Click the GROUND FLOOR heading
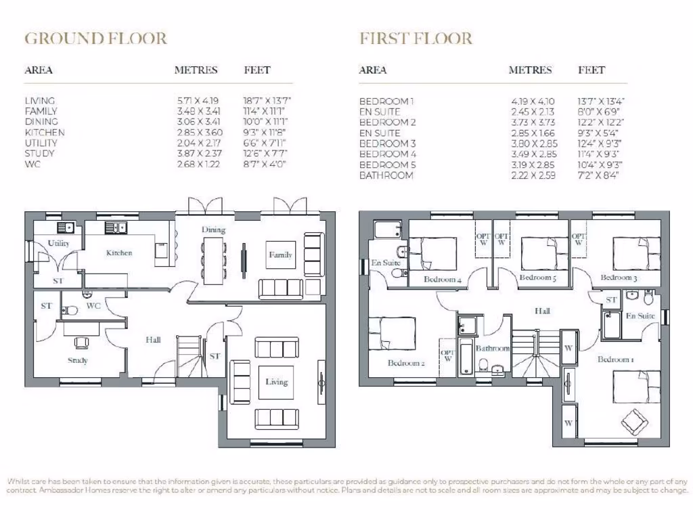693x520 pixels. (95, 39)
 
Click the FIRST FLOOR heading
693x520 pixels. (416, 39)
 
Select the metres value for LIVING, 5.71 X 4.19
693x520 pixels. (198, 100)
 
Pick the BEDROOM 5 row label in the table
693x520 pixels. (388, 165)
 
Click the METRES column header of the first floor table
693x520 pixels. (530, 70)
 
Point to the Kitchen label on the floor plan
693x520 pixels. (119, 253)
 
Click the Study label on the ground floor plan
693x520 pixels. (77, 360)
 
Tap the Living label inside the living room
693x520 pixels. (276, 382)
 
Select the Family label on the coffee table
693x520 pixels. (280, 255)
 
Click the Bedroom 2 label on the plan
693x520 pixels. (405, 364)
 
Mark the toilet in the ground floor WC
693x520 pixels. (70, 310)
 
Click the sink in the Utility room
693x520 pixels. (64, 227)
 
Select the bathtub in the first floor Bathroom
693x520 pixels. (466, 356)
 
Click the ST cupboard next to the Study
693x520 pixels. (46, 306)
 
